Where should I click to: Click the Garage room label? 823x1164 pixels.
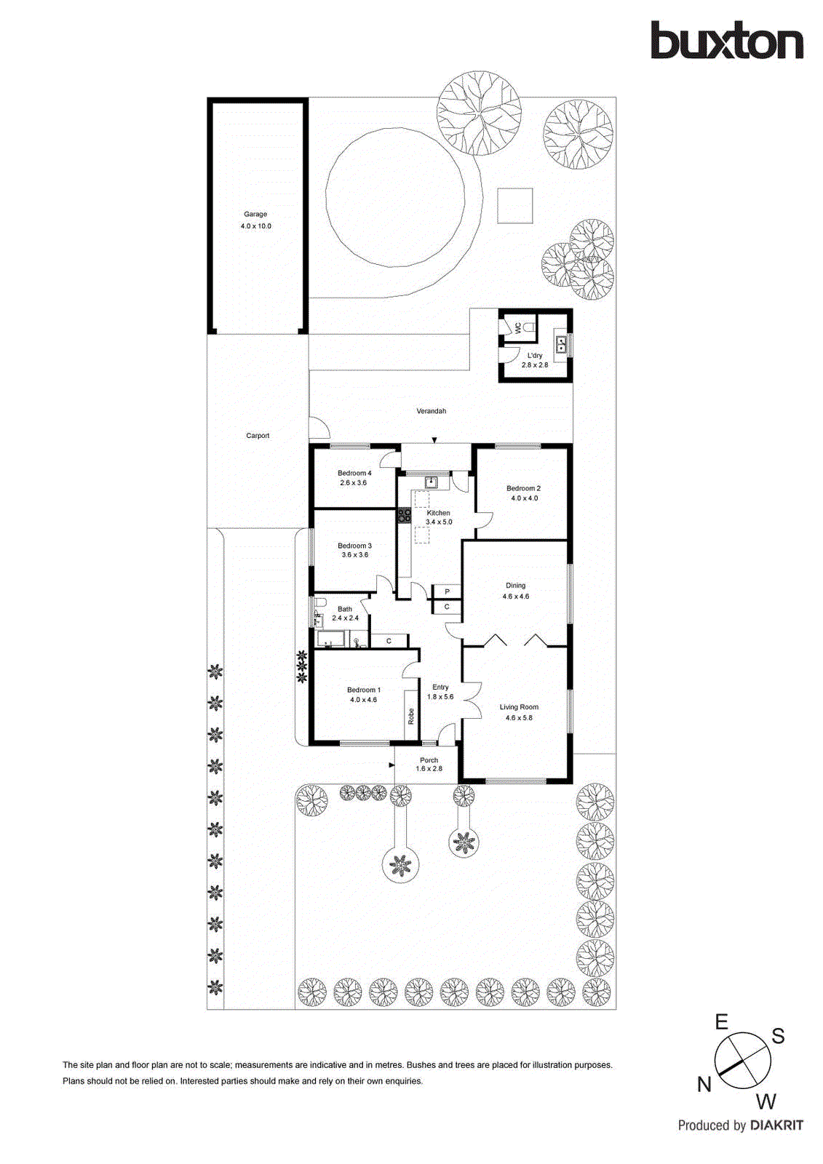point(255,215)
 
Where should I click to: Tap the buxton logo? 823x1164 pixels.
point(726,41)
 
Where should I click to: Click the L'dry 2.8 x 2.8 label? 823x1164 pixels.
point(535,360)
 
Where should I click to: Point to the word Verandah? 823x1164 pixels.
point(431,411)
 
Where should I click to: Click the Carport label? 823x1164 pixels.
point(258,436)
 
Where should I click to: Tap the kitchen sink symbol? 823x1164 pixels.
point(431,482)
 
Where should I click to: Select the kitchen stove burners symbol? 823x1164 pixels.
point(404,515)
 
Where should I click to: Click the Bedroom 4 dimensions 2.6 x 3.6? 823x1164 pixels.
point(354,483)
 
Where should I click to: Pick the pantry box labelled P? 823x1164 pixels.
point(447,592)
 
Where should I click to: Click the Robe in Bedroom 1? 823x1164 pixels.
point(411,716)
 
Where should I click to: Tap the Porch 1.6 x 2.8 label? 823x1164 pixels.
point(429,764)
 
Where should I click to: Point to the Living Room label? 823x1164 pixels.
point(519,707)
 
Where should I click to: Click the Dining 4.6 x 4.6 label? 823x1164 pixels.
point(515,591)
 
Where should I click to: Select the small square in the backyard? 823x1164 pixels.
point(515,206)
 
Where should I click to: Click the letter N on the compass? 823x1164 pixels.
point(704,1085)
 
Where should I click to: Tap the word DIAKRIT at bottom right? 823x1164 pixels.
point(776,1125)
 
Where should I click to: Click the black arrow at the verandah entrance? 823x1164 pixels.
point(434,440)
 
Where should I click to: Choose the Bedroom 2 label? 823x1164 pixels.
point(523,489)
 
